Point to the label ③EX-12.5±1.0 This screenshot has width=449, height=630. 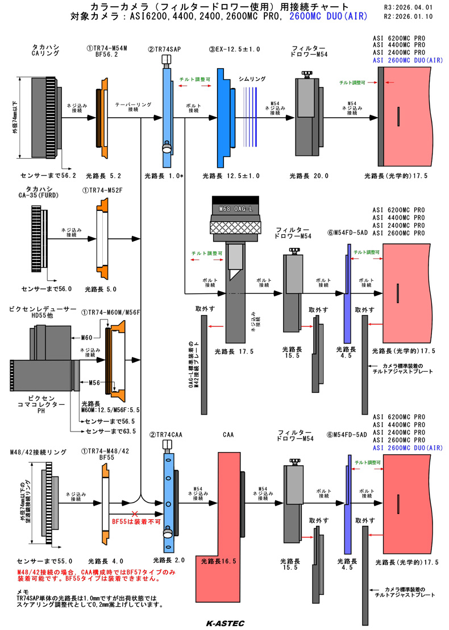(234, 49)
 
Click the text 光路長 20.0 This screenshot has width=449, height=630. (309, 176)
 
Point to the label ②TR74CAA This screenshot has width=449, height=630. (167, 435)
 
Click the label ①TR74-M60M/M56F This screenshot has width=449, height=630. (111, 312)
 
